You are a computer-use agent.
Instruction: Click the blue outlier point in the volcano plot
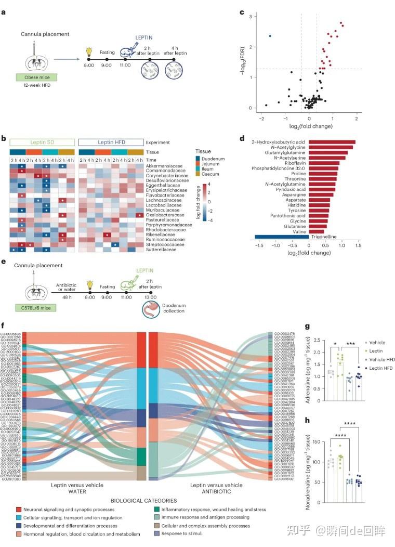tap(270, 36)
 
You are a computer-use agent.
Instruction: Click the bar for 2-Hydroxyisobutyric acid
tap(332, 142)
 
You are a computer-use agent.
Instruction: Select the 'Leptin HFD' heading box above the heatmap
tap(111, 141)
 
